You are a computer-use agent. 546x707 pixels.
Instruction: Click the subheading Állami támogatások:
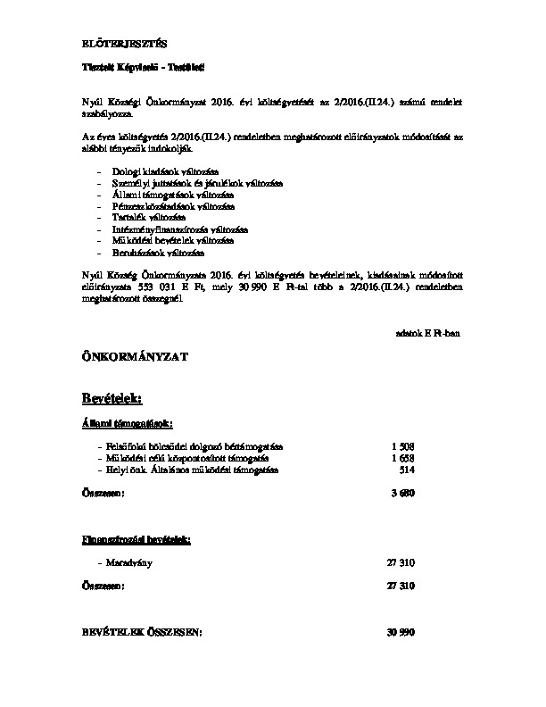pyautogui.click(x=121, y=422)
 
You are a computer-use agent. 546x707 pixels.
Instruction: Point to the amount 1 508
pyautogui.click(x=403, y=446)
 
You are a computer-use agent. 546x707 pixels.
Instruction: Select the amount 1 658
pyautogui.click(x=403, y=458)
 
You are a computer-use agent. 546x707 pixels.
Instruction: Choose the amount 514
pyautogui.click(x=408, y=470)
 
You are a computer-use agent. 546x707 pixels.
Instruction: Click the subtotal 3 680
pyautogui.click(x=403, y=493)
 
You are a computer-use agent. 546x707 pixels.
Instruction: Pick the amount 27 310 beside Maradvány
pyautogui.click(x=401, y=563)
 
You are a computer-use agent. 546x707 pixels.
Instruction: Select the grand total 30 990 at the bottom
pyautogui.click(x=401, y=632)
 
